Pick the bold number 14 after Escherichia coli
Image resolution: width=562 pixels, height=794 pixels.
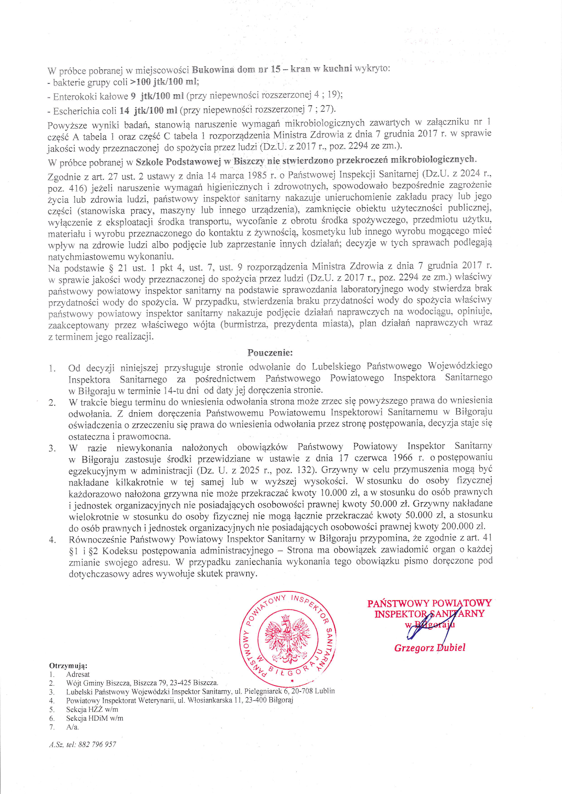coord(124,111)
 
